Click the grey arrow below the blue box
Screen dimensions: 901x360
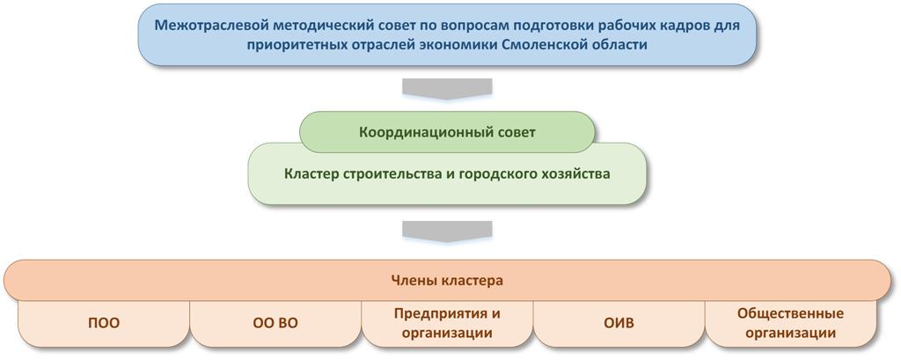point(447,89)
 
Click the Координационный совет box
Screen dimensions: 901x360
point(447,132)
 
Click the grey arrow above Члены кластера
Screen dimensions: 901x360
point(447,231)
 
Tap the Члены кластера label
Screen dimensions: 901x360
point(447,281)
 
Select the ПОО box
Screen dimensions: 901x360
point(104,323)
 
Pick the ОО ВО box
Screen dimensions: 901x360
point(275,323)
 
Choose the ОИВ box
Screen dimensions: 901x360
point(619,323)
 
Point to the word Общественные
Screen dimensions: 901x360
point(791,313)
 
